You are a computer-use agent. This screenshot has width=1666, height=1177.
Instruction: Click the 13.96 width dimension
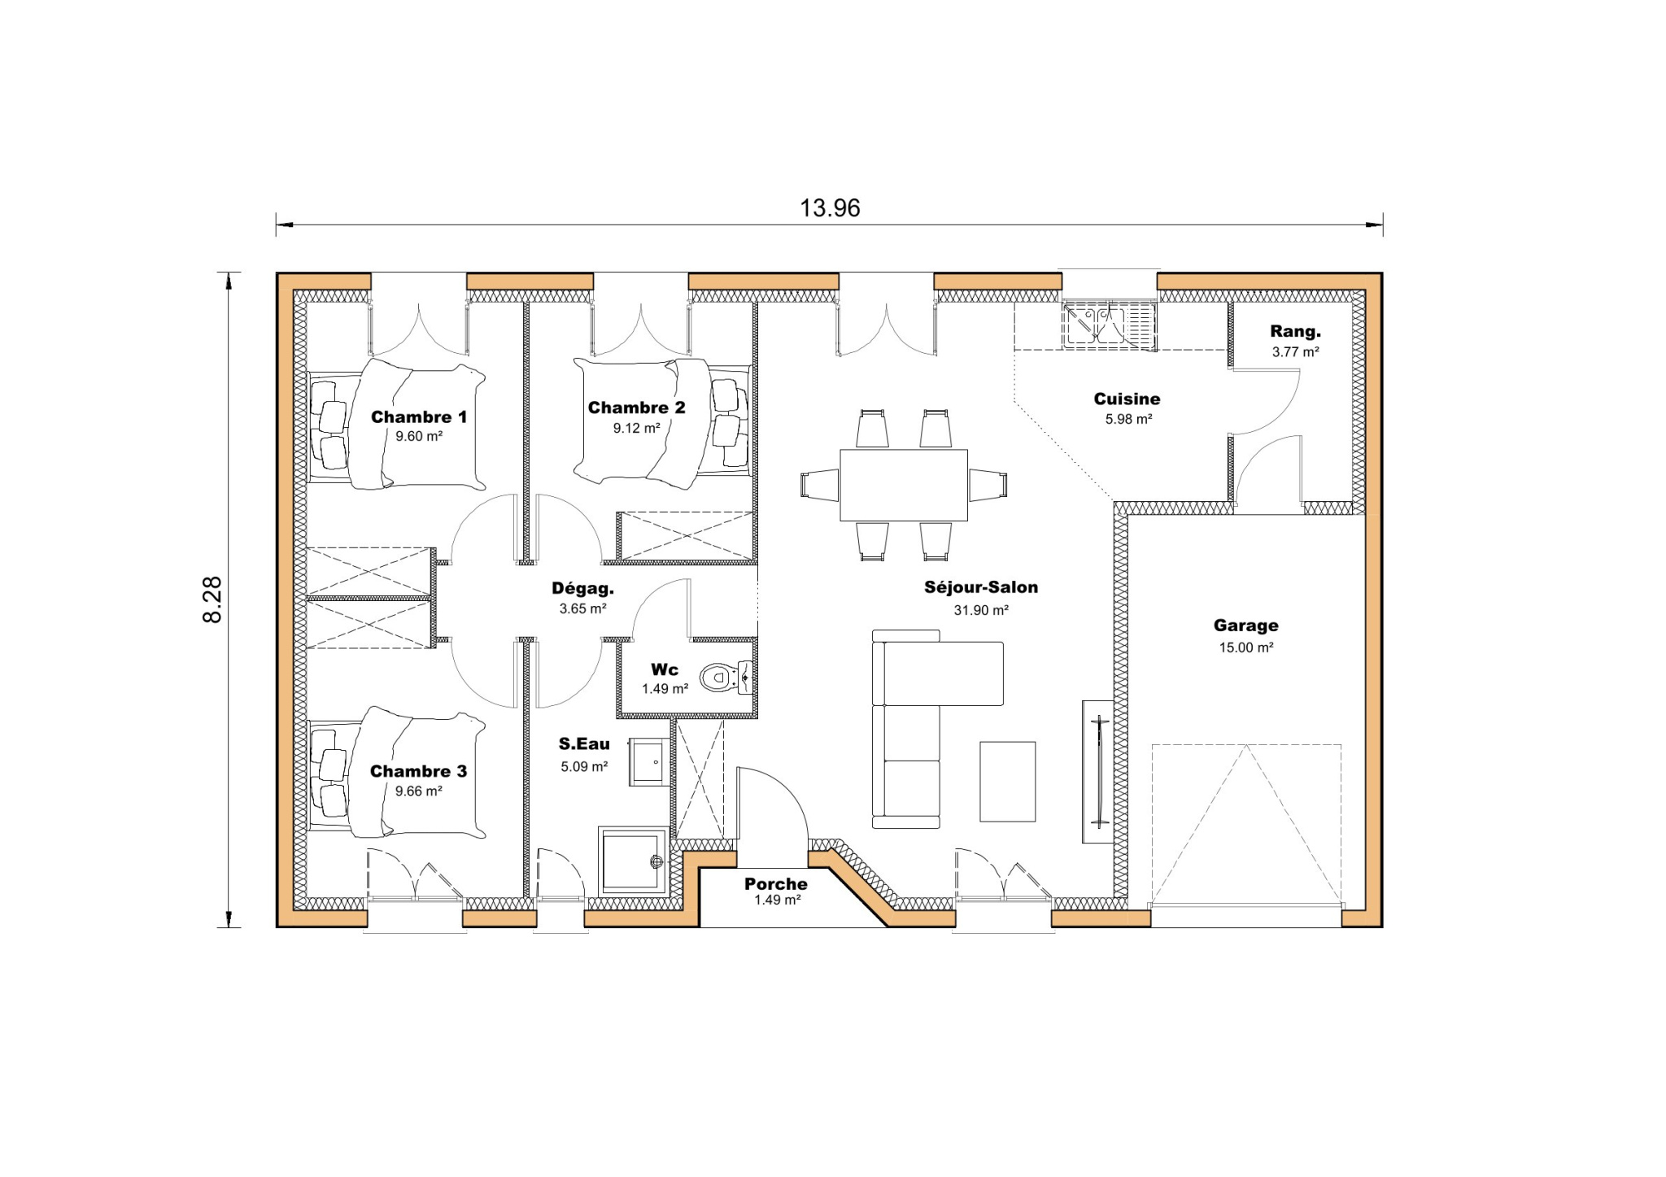point(830,208)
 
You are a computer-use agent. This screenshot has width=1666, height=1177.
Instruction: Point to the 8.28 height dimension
point(212,599)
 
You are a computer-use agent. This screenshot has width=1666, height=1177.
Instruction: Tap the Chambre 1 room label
point(419,417)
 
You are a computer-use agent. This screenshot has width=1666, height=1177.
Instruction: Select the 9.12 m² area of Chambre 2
point(636,428)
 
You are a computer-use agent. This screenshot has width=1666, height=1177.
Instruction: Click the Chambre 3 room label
point(418,771)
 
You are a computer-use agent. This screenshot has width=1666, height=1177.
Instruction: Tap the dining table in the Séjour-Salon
point(903,485)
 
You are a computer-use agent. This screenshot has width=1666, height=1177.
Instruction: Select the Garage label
point(1245,626)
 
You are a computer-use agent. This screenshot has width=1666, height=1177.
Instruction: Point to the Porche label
point(775,883)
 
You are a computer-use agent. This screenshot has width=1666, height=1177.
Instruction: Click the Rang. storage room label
point(1295,332)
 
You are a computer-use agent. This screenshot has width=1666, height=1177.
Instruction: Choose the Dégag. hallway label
point(582,588)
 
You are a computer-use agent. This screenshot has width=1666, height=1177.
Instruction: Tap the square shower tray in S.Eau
point(632,861)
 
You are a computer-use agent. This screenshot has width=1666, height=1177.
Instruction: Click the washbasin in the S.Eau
point(649,762)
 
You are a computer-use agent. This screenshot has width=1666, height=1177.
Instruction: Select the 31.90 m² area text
point(981,610)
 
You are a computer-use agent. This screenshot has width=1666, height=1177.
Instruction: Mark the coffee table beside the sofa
point(1007,781)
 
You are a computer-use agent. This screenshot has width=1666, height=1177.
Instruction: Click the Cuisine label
point(1127,399)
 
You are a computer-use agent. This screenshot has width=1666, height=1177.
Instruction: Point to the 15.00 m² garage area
point(1245,647)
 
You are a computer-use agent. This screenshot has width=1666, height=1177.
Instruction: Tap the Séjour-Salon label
point(981,587)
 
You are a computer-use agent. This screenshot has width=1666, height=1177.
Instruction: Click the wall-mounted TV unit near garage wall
point(1098,771)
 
